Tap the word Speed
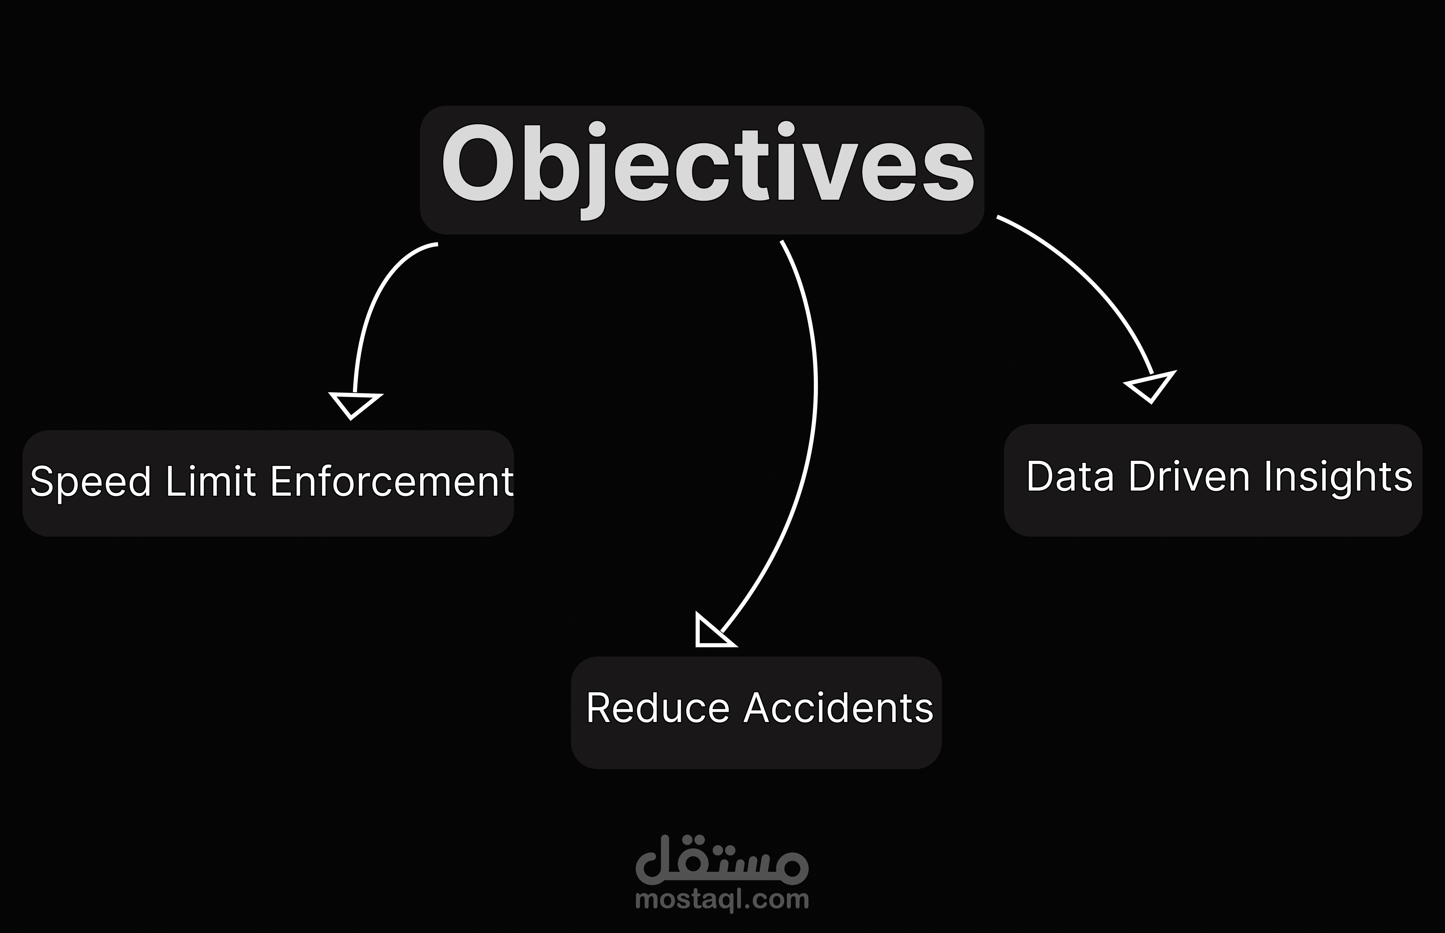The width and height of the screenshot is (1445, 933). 90,483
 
